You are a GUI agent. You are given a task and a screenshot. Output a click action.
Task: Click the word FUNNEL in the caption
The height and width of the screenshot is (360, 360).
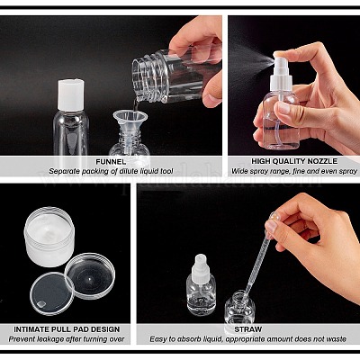click(x=111, y=162)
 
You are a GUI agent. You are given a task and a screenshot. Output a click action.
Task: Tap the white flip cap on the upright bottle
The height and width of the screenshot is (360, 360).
click(x=71, y=95)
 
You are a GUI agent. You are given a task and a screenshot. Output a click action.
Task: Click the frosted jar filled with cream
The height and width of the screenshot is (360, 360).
click(x=49, y=236)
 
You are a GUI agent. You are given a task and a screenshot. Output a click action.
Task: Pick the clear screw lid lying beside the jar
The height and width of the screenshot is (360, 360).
click(x=90, y=275)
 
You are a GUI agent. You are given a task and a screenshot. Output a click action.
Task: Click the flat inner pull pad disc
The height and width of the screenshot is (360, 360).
click(x=52, y=293)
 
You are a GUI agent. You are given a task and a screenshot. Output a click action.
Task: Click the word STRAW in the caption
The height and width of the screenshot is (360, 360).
click(x=244, y=329)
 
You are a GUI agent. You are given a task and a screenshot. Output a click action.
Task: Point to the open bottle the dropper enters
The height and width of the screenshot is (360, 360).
click(x=239, y=308)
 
